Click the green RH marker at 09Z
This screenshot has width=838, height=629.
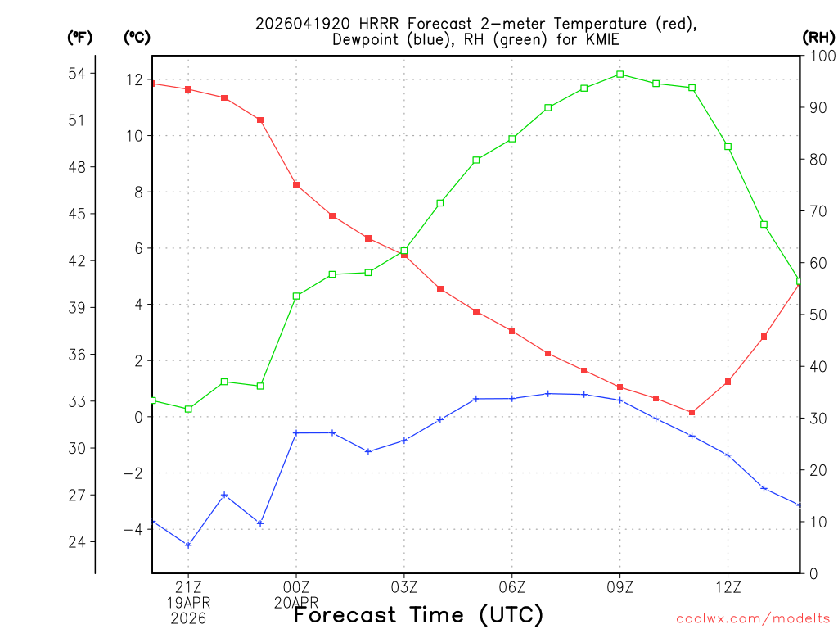click(x=619, y=74)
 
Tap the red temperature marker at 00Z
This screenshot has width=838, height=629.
click(x=296, y=185)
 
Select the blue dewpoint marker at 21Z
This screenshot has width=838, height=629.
click(x=188, y=545)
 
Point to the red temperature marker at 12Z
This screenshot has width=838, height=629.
click(x=728, y=382)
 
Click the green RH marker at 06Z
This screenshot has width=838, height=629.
click(x=512, y=138)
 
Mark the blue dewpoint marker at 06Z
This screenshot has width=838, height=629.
click(x=512, y=399)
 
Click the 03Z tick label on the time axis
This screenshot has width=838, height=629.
click(x=404, y=587)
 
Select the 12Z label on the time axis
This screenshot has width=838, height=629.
click(x=728, y=587)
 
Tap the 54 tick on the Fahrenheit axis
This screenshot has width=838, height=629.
click(x=76, y=74)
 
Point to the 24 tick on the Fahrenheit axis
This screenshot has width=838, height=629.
click(x=76, y=542)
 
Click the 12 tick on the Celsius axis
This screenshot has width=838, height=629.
click(x=134, y=79)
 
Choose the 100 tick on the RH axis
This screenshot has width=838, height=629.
click(x=819, y=56)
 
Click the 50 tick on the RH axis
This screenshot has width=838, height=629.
click(x=816, y=314)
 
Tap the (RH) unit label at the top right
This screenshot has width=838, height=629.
click(x=818, y=37)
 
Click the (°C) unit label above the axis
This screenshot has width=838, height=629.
click(x=137, y=37)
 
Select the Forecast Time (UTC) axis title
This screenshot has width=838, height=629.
click(x=418, y=614)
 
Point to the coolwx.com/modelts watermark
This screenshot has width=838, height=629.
click(x=754, y=618)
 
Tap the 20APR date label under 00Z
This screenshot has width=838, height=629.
click(x=296, y=602)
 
